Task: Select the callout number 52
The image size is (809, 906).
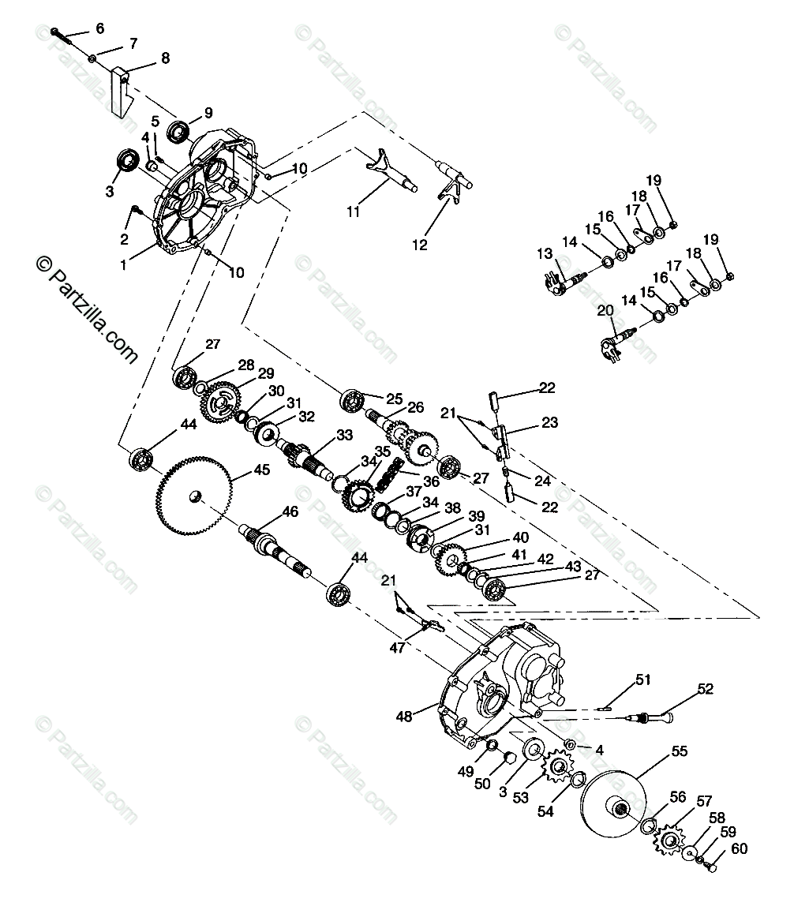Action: point(705,688)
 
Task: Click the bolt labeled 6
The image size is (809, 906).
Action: point(62,33)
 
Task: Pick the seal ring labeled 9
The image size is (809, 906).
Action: point(178,129)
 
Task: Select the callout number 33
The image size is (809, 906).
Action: point(344,435)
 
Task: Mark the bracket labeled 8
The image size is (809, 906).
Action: point(119,91)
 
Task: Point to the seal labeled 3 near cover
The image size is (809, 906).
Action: point(126,161)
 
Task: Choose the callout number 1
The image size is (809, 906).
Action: point(123,266)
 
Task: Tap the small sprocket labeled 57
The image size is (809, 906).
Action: point(668,840)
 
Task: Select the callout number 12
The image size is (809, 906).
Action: point(420,245)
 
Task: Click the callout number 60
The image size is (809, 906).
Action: point(738,849)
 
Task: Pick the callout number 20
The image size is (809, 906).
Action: point(605,311)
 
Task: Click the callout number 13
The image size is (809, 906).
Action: point(545,253)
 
